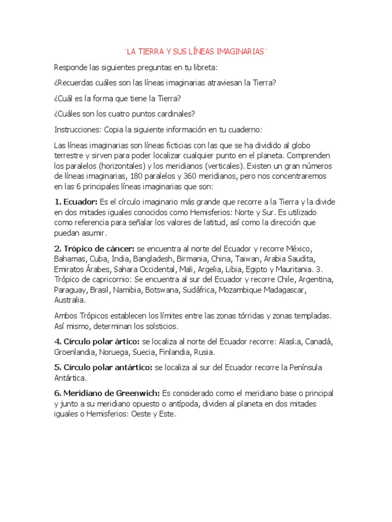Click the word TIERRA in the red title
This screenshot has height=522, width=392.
tap(154, 52)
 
